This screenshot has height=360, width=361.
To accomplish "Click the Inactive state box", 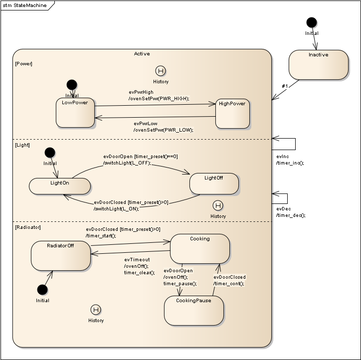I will click(318, 65).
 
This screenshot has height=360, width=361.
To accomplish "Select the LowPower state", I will click(75, 113).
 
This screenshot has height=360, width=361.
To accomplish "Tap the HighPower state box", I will click(232, 114).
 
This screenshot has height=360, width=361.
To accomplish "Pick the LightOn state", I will click(60, 186).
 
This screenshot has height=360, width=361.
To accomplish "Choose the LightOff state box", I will click(214, 184).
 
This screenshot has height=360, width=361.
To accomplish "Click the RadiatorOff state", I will click(60, 256).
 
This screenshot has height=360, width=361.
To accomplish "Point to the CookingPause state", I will click(193, 311).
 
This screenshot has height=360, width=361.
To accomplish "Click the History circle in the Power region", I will click(160, 71).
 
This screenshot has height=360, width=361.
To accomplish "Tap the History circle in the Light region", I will click(217, 205).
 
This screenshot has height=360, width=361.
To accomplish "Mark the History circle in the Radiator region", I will click(96, 310).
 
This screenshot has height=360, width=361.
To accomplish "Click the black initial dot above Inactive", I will click(312, 22).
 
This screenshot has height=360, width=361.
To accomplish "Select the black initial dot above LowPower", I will click(72, 85).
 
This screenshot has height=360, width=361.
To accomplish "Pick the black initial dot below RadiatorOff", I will click(42, 290).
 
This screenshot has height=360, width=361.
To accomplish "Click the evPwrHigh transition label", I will click(141, 92).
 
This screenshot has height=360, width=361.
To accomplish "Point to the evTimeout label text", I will click(137, 260).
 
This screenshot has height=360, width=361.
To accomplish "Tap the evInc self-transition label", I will click(282, 157).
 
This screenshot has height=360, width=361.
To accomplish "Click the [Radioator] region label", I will click(28, 227).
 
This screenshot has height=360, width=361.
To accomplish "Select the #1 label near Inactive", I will click(285, 86).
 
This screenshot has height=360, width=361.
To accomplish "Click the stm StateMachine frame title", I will click(25, 5).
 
